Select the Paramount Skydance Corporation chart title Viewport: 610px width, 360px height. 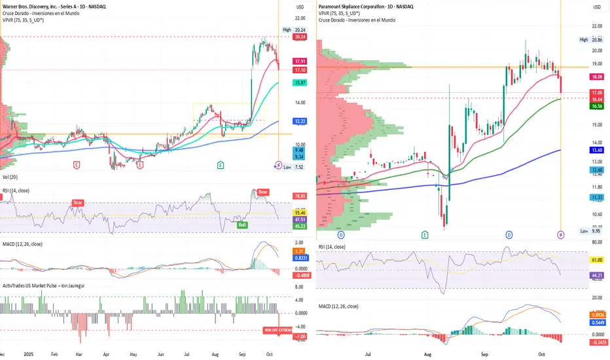coord(367,7)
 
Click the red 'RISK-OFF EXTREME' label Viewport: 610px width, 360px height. coord(278,330)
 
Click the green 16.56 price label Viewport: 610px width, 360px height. coord(597,106)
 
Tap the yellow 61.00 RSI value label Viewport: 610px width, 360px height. coord(597,260)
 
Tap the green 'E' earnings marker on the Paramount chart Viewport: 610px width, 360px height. coord(425,234)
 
